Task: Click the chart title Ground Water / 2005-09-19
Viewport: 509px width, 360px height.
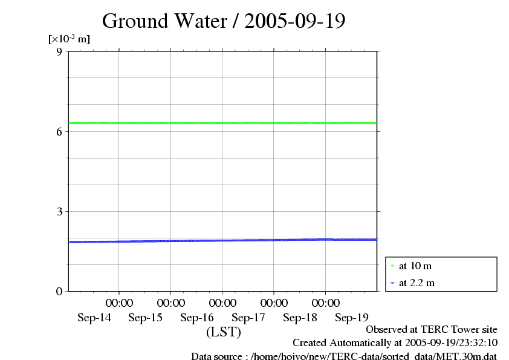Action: coord(224,21)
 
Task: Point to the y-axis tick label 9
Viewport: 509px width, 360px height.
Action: coord(59,51)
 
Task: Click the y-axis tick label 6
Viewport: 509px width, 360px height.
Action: coord(59,131)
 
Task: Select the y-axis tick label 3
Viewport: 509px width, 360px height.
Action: coord(59,211)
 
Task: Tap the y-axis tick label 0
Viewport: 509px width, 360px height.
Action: coord(59,291)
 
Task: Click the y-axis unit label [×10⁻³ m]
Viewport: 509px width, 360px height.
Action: coord(69,39)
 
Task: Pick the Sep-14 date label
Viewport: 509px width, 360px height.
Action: coord(94,318)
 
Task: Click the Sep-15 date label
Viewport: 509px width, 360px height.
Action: coord(146,318)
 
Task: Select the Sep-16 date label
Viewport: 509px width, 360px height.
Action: coord(197,318)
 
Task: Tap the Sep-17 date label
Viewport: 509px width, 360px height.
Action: coord(248,318)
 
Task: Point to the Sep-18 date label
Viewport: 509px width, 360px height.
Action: coord(300,318)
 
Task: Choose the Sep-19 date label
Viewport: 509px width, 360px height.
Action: coord(351,318)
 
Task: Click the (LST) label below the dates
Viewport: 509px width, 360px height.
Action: coord(224,332)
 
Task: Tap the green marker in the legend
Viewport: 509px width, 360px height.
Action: coord(392,266)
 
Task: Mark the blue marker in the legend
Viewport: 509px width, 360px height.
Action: coord(392,283)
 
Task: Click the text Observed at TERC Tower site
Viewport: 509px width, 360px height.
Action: coord(432,329)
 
